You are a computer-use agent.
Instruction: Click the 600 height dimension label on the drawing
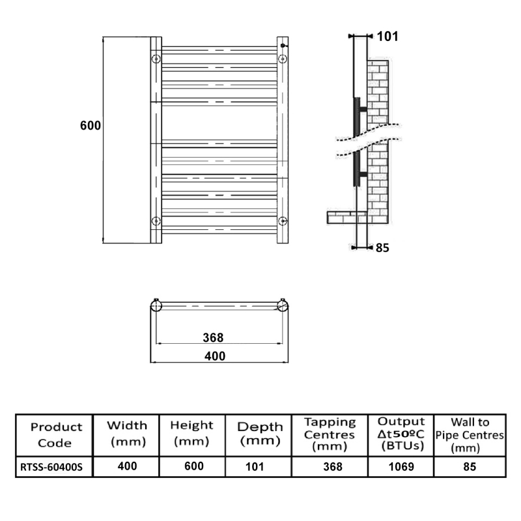coord(91,126)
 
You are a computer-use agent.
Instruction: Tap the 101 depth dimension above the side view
coord(387,36)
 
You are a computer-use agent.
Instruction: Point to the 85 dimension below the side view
coord(383,247)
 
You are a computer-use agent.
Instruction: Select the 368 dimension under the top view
coord(213,337)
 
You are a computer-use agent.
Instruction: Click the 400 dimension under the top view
coord(215,356)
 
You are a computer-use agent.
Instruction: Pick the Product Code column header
coord(57,434)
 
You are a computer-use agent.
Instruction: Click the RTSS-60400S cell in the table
coord(54,467)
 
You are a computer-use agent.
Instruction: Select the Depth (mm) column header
coord(260,434)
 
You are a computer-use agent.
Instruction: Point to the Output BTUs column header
coord(401,434)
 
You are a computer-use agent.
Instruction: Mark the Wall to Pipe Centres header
coord(470,434)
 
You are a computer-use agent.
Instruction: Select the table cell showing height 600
coord(193,466)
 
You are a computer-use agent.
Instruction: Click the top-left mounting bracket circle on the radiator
coord(156,60)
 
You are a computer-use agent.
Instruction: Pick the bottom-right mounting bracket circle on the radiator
coord(282,221)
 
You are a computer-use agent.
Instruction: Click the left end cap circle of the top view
coord(156,305)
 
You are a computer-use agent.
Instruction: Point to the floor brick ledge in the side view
coord(345,215)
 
